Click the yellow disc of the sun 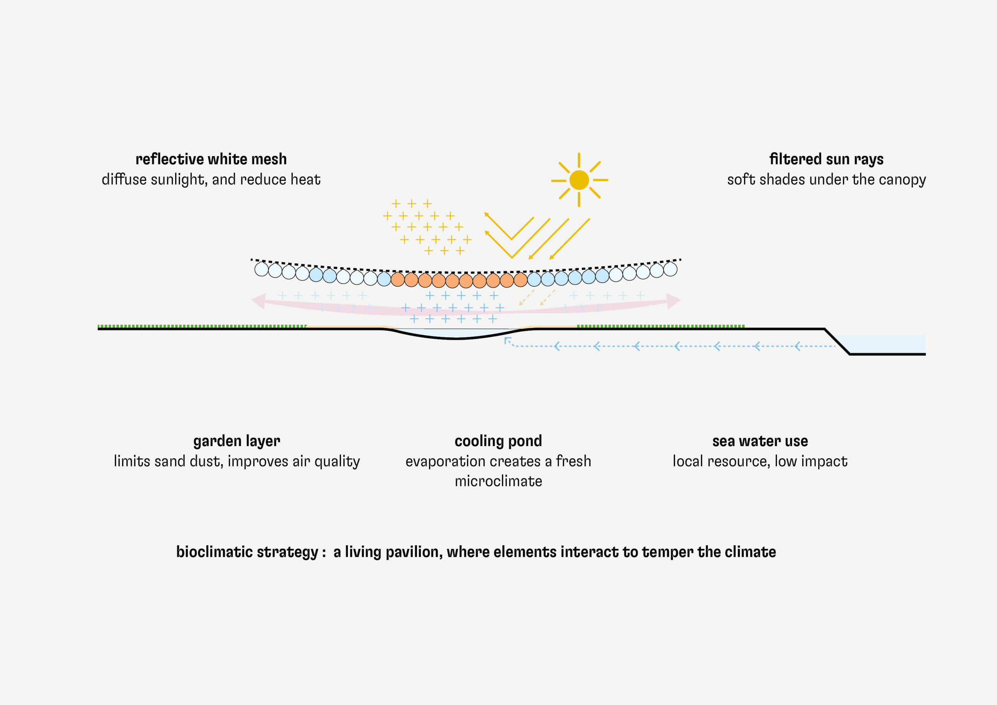pyautogui.click(x=579, y=180)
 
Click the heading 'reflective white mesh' pyautogui.click(x=211, y=159)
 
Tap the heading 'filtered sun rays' pyautogui.click(x=826, y=159)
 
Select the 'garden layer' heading pyautogui.click(x=237, y=441)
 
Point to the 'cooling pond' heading pyautogui.click(x=498, y=441)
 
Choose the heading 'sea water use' pyautogui.click(x=760, y=441)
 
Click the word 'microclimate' pyautogui.click(x=498, y=481)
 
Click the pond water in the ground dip pyautogui.click(x=456, y=333)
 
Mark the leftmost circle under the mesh pyautogui.click(x=262, y=269)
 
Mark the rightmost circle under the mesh pyautogui.click(x=670, y=269)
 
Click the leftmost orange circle pyautogui.click(x=397, y=279)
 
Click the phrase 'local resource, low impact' pyautogui.click(x=760, y=461)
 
